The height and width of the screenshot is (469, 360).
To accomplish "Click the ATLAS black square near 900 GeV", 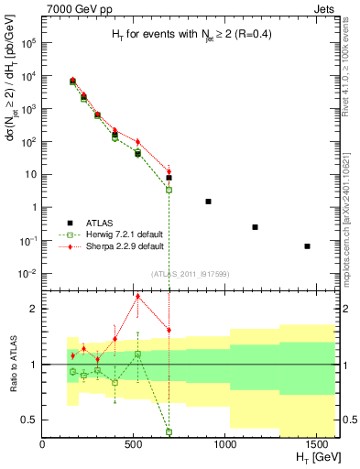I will [x=208, y=202].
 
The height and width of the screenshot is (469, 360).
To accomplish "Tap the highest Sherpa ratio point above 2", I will [x=137, y=296].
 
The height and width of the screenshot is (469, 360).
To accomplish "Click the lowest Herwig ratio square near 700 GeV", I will [x=169, y=432].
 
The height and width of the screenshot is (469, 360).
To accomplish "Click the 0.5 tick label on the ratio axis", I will [x=28, y=420].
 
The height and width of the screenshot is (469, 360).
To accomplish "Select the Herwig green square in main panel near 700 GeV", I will [x=169, y=190].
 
